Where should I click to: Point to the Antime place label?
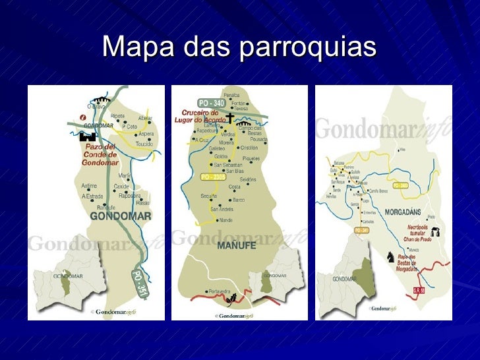click(89, 186)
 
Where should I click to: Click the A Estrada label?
click(93, 196)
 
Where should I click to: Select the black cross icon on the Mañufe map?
click(230, 118)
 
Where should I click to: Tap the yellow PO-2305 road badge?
click(214, 177)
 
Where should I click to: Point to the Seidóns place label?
click(249, 180)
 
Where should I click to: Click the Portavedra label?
click(218, 291)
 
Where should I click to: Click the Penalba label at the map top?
click(231, 95)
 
